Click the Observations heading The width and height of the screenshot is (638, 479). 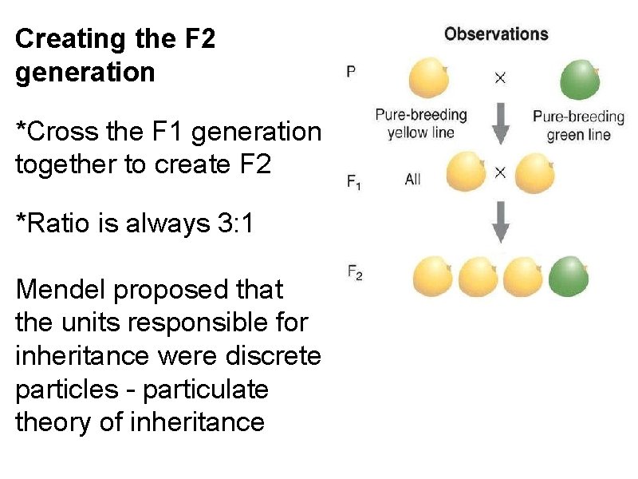(496, 34)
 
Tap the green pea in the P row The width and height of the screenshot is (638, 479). (580, 79)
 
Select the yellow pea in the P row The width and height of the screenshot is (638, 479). (429, 78)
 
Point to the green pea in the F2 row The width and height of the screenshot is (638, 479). (569, 276)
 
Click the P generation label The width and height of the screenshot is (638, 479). (351, 72)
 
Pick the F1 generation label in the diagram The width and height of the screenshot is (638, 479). (353, 181)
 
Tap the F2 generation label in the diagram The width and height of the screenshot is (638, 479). (355, 273)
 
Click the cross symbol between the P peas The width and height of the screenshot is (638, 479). (500, 77)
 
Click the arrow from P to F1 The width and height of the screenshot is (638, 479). (500, 125)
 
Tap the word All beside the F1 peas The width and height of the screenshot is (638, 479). (412, 180)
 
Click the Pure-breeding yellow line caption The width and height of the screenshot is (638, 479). (420, 124)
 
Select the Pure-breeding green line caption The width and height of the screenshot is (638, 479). (578, 125)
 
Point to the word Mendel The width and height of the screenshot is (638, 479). (61, 290)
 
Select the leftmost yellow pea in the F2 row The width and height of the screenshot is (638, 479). (433, 276)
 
